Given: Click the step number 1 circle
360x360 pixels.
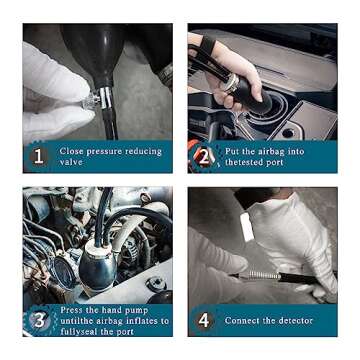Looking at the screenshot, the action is (38, 157).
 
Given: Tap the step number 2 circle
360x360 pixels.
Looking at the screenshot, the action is (204, 157).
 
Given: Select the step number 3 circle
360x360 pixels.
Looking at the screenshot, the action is (39, 321).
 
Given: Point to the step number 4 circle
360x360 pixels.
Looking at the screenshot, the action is (204, 321).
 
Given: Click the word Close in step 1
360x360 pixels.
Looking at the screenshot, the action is (71, 151).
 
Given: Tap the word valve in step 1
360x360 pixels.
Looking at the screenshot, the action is (71, 162).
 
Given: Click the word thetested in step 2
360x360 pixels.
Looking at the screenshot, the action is (254, 162).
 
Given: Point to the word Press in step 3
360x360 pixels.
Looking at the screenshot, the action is (71, 310).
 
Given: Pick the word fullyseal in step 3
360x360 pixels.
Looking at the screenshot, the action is (78, 332).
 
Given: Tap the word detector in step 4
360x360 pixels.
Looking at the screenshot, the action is (296, 321).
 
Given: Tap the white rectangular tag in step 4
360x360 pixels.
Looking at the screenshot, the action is (247, 227).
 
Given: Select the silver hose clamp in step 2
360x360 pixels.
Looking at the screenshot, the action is (232, 84).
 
